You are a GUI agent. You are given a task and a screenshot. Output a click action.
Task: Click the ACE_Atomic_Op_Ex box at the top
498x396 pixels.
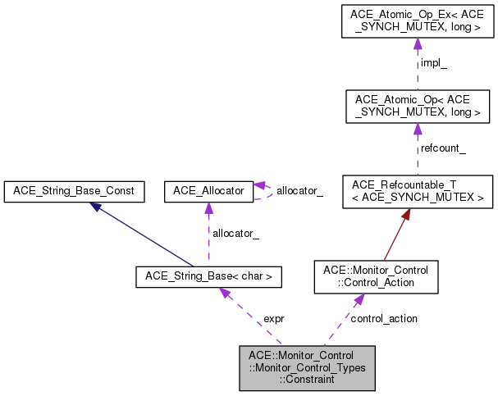click(417, 21)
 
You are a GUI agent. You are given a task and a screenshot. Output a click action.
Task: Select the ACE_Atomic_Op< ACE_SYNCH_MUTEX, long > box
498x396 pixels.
click(417, 106)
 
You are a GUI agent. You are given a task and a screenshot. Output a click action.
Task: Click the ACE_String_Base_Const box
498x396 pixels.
click(75, 192)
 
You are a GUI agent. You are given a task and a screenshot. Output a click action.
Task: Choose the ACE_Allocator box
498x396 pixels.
click(209, 192)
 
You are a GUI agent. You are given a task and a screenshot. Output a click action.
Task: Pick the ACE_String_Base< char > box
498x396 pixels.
click(209, 277)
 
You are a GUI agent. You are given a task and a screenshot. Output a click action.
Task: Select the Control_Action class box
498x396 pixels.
click(364, 277)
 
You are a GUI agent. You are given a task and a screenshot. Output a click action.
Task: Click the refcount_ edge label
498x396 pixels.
click(443, 148)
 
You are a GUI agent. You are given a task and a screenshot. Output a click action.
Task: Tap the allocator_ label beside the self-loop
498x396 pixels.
click(299, 191)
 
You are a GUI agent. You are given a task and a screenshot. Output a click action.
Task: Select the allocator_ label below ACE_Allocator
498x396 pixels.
click(235, 234)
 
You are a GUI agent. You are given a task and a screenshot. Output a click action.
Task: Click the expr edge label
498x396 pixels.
click(273, 318)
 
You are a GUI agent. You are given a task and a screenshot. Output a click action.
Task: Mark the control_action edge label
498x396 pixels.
click(383, 318)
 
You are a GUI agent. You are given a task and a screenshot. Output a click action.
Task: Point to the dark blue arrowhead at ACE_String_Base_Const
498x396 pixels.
click(97, 207)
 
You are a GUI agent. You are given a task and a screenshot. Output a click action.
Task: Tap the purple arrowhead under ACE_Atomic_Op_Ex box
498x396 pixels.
click(417, 44)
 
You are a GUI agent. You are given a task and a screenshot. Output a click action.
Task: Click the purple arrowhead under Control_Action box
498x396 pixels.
click(358, 300)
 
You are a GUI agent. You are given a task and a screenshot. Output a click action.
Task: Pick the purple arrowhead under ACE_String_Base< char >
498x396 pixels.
click(222, 294)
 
